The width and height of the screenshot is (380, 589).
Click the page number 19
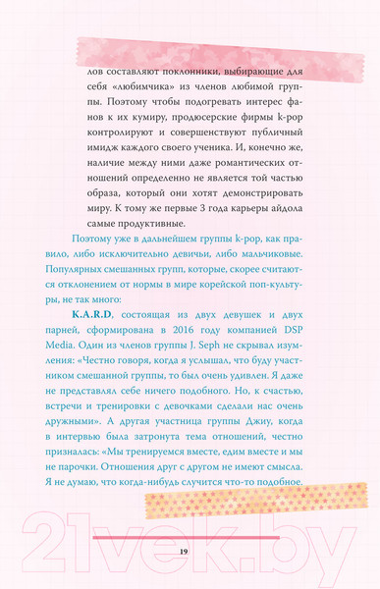coord(184,552)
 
